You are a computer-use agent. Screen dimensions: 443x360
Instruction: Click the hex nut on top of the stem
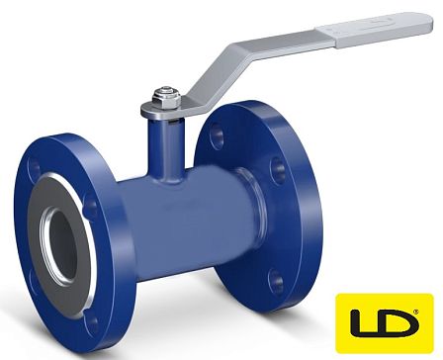(x=166, y=98)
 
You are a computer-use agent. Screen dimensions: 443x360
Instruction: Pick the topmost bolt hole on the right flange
(x=217, y=135)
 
